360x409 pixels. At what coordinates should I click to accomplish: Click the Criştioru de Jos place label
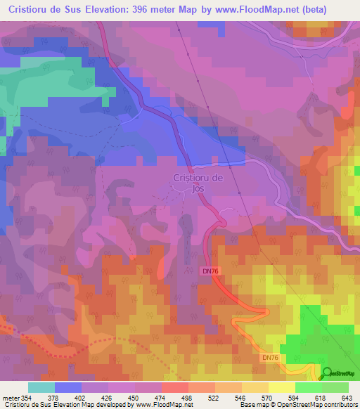(198, 183)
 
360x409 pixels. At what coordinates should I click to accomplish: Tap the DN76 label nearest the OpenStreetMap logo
(271, 358)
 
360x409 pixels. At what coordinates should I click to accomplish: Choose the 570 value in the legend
(265, 398)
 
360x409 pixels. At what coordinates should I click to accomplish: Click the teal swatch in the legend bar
(41, 387)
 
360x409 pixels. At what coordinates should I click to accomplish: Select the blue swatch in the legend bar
(67, 387)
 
